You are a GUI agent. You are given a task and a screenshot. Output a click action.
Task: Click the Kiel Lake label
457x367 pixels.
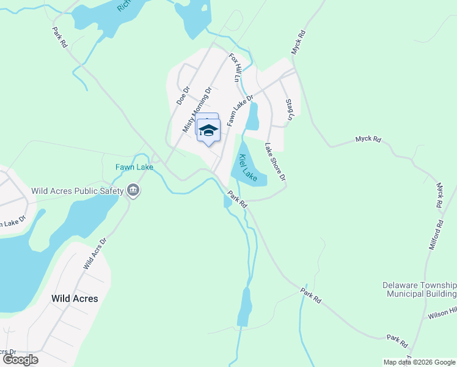pyautogui.click(x=248, y=166)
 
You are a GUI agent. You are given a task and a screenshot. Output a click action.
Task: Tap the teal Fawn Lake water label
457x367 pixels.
pyautogui.click(x=134, y=167)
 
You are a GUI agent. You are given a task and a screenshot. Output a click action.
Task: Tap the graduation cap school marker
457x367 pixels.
pyautogui.click(x=208, y=130)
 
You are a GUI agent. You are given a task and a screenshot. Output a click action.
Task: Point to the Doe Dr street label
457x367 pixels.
pyautogui.click(x=183, y=94)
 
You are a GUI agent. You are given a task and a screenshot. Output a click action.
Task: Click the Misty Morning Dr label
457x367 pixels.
pyautogui.click(x=197, y=109)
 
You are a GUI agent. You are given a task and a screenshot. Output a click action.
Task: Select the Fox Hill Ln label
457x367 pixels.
pyautogui.click(x=233, y=67)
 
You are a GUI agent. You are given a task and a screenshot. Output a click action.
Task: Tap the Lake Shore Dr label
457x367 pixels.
pyautogui.click(x=275, y=161)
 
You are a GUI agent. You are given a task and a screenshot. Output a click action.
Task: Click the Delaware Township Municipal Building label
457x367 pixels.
pyautogui.click(x=419, y=289)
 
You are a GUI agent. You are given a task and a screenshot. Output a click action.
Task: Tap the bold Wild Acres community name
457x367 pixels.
pyautogui.click(x=75, y=298)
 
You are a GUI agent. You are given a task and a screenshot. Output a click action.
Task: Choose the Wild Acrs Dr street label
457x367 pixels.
pyautogui.click(x=95, y=254)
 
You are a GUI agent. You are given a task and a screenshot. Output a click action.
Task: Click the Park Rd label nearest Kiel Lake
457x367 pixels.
pyautogui.click(x=236, y=200)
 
